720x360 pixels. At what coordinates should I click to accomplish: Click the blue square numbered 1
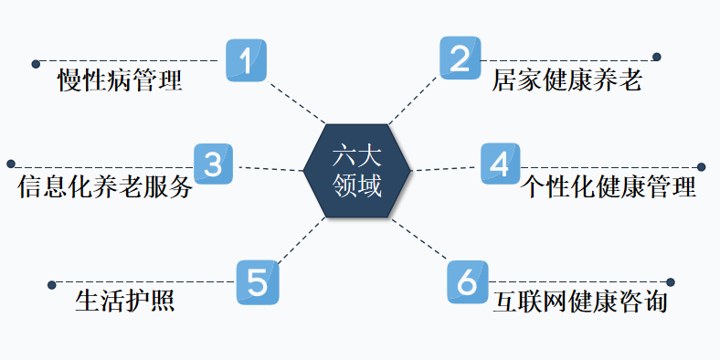[246, 60]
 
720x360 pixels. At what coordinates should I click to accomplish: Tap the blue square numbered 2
[461, 59]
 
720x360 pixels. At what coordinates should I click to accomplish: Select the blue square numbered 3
[213, 164]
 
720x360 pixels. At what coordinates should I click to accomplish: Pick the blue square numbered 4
[500, 164]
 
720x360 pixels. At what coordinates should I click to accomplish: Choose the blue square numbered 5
[258, 282]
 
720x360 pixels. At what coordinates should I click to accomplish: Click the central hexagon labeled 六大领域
[357, 169]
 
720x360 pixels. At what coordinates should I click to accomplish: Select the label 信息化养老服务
[105, 187]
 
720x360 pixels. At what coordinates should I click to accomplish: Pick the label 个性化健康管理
[609, 187]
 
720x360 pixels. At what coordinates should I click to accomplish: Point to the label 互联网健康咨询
[579, 302]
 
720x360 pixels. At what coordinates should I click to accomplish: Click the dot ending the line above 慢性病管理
[36, 64]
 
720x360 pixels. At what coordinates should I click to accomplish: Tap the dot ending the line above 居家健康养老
[656, 58]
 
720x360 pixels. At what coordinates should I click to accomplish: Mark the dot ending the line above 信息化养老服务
[11, 164]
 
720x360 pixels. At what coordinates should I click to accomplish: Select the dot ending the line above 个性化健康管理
[702, 167]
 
